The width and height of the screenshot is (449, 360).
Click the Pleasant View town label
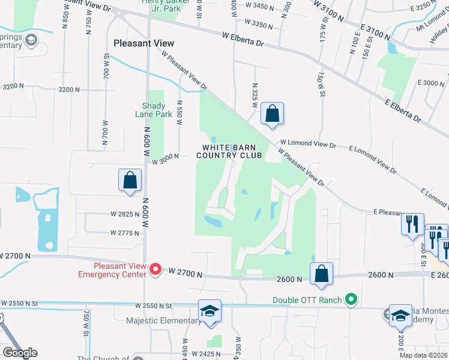coord(144,43)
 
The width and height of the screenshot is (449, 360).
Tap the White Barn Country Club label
coord(232,151)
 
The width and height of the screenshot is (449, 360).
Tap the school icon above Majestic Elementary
coord(209,311)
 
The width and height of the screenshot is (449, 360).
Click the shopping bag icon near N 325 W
coord(272,113)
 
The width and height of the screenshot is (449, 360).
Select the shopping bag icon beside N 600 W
coord(130,180)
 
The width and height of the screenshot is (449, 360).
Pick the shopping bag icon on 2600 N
coord(322,274)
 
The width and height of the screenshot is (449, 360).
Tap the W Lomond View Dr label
coord(307,145)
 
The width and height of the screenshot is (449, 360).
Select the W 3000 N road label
coord(166,158)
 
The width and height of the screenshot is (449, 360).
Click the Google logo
coord(19,352)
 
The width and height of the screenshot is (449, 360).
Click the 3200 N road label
coord(69,89)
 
